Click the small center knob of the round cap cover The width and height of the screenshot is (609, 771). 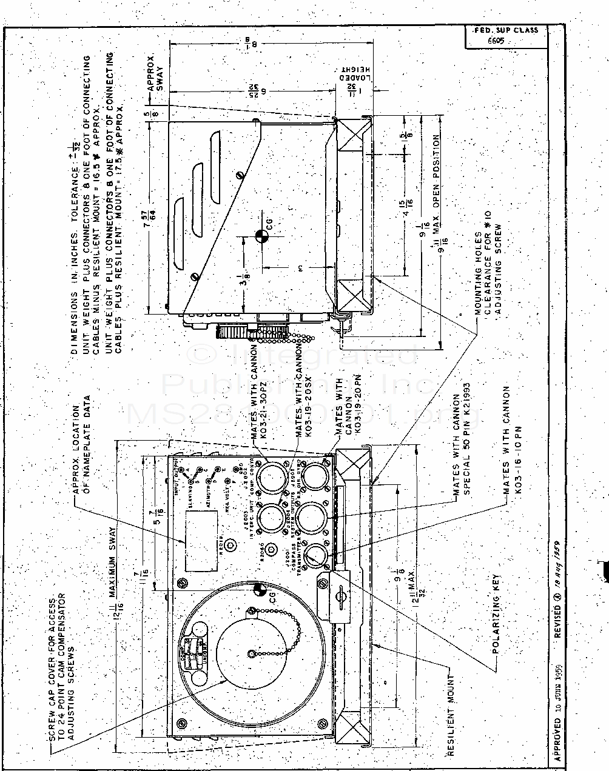pos(251,653)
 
